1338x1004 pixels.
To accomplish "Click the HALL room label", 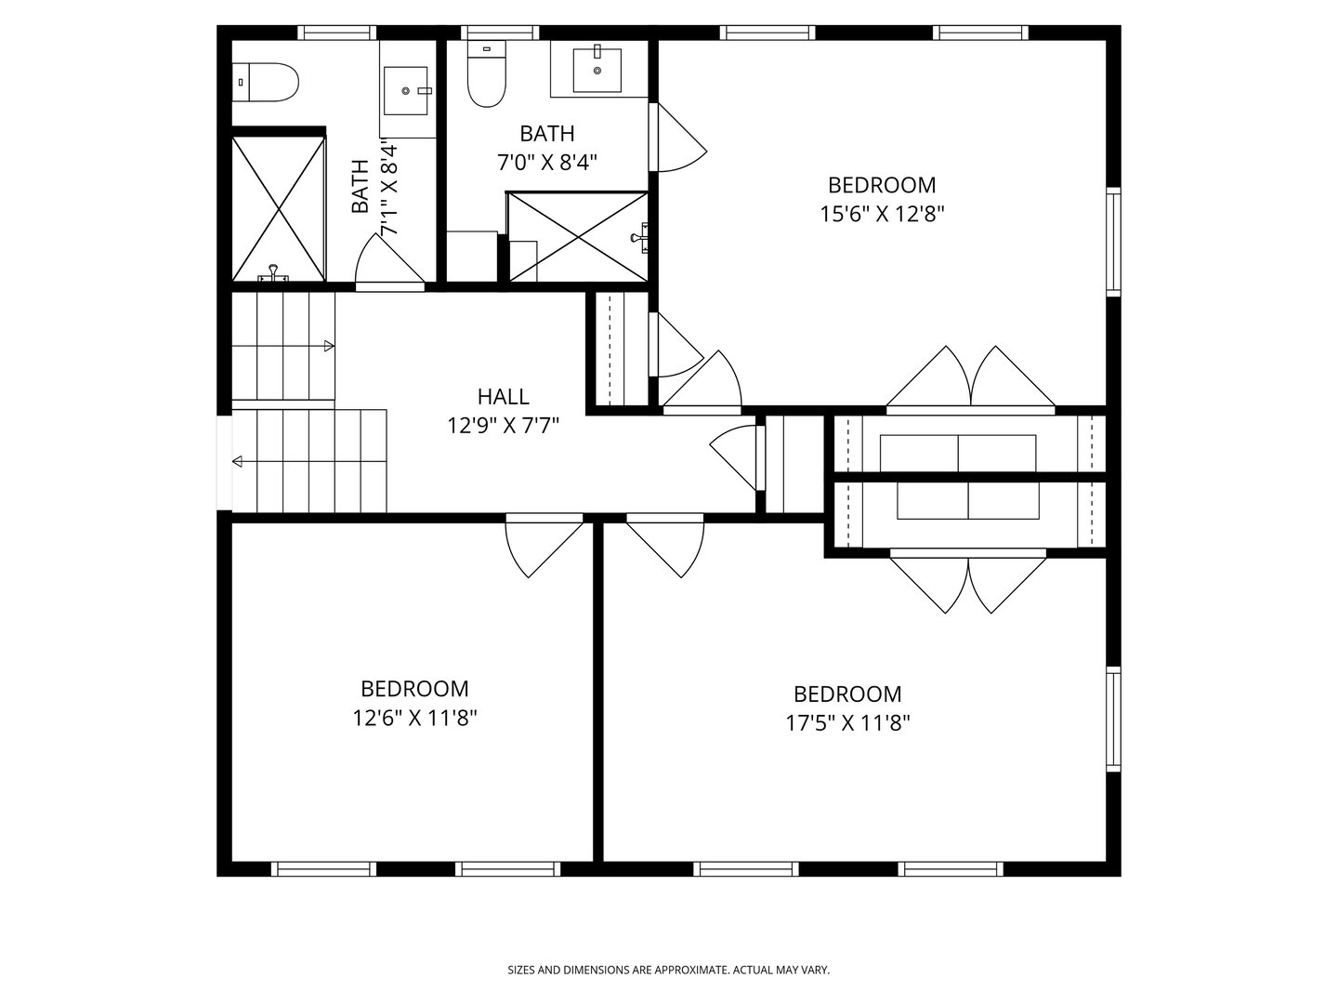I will tap(503, 397).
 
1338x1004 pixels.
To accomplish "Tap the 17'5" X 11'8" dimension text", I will tap(847, 723).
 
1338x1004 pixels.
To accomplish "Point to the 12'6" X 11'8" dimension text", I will tap(414, 718).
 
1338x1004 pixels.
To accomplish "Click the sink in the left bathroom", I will tap(406, 90).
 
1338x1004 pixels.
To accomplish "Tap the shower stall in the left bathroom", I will tap(278, 207).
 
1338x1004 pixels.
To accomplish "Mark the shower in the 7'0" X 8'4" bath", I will tap(577, 236).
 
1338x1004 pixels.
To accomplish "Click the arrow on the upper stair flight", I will tap(328, 347).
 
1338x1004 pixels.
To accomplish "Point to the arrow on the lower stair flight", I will tap(238, 462).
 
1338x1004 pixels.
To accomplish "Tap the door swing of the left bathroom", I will tap(386, 260).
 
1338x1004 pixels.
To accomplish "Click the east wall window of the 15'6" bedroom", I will tap(1113, 242).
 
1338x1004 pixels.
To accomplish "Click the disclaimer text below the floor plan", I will tap(668, 971).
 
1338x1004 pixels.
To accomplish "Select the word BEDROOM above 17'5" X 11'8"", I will tap(847, 694).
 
